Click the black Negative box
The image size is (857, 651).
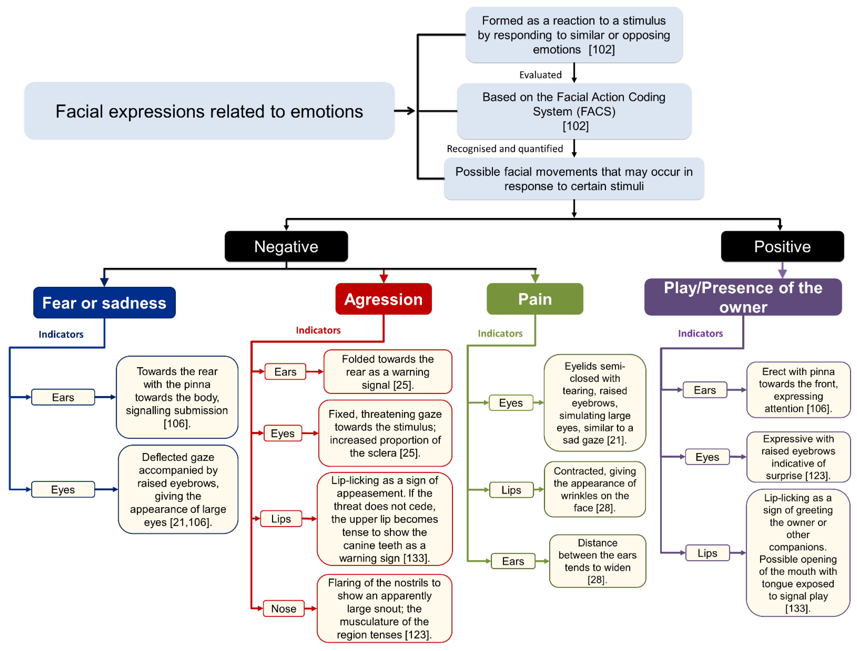click(x=286, y=246)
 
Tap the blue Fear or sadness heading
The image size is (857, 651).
click(x=104, y=303)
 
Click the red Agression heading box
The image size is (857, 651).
click(x=383, y=299)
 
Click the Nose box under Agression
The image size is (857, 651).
click(x=283, y=608)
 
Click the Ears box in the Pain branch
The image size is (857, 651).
click(x=513, y=561)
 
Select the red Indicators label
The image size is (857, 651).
click(x=318, y=330)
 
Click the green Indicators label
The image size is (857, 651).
click(x=500, y=333)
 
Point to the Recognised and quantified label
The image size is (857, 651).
click(x=505, y=149)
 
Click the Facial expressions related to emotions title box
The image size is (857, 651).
click(x=209, y=111)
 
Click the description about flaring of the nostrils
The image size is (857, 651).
click(x=384, y=608)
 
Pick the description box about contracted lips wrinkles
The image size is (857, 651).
click(x=595, y=489)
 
